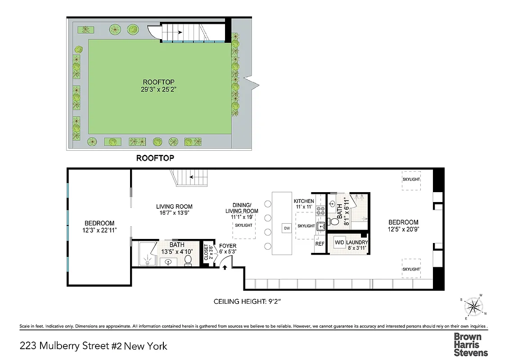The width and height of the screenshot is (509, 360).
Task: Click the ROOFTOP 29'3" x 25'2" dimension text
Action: tap(159, 89)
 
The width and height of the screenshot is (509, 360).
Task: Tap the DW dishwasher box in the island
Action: tap(287, 228)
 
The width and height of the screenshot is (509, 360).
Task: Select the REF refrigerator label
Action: tap(320, 244)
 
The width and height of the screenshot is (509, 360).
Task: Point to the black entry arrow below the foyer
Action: tap(224, 267)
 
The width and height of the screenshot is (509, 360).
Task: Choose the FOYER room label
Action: tap(228, 246)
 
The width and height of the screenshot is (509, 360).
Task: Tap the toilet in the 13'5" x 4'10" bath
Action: tap(188, 260)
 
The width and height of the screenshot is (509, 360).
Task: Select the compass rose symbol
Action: tap(473, 307)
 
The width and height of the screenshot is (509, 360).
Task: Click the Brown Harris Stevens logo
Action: tap(470, 344)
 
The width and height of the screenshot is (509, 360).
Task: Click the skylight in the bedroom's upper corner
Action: tap(411, 179)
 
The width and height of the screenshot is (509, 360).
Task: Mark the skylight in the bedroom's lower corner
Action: tap(411, 269)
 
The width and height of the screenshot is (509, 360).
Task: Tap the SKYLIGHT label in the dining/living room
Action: tap(243, 225)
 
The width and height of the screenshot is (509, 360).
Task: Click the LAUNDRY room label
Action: tap(357, 243)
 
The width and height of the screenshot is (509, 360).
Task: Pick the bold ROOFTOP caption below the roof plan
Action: tap(155, 158)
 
